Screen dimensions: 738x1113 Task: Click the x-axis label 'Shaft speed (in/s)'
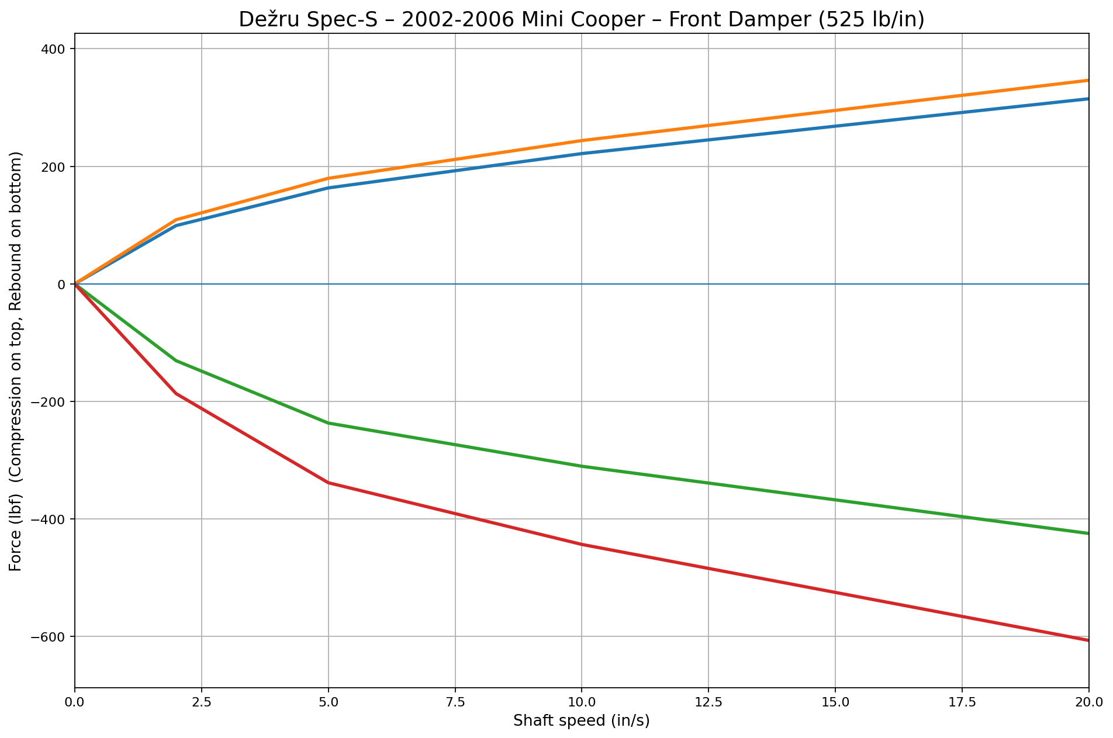click(x=582, y=721)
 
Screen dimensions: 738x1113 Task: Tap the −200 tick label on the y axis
click(x=49, y=402)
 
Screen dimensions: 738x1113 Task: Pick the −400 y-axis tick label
click(x=49, y=519)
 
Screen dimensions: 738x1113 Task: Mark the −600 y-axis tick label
click(x=49, y=637)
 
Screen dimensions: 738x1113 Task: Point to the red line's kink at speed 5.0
click(x=329, y=483)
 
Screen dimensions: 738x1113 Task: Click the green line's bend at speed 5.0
click(x=329, y=423)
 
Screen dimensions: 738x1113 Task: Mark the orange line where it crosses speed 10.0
click(x=582, y=140)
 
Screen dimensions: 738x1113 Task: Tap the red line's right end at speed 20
click(x=1087, y=640)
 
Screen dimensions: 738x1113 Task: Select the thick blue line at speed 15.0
click(x=835, y=126)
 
